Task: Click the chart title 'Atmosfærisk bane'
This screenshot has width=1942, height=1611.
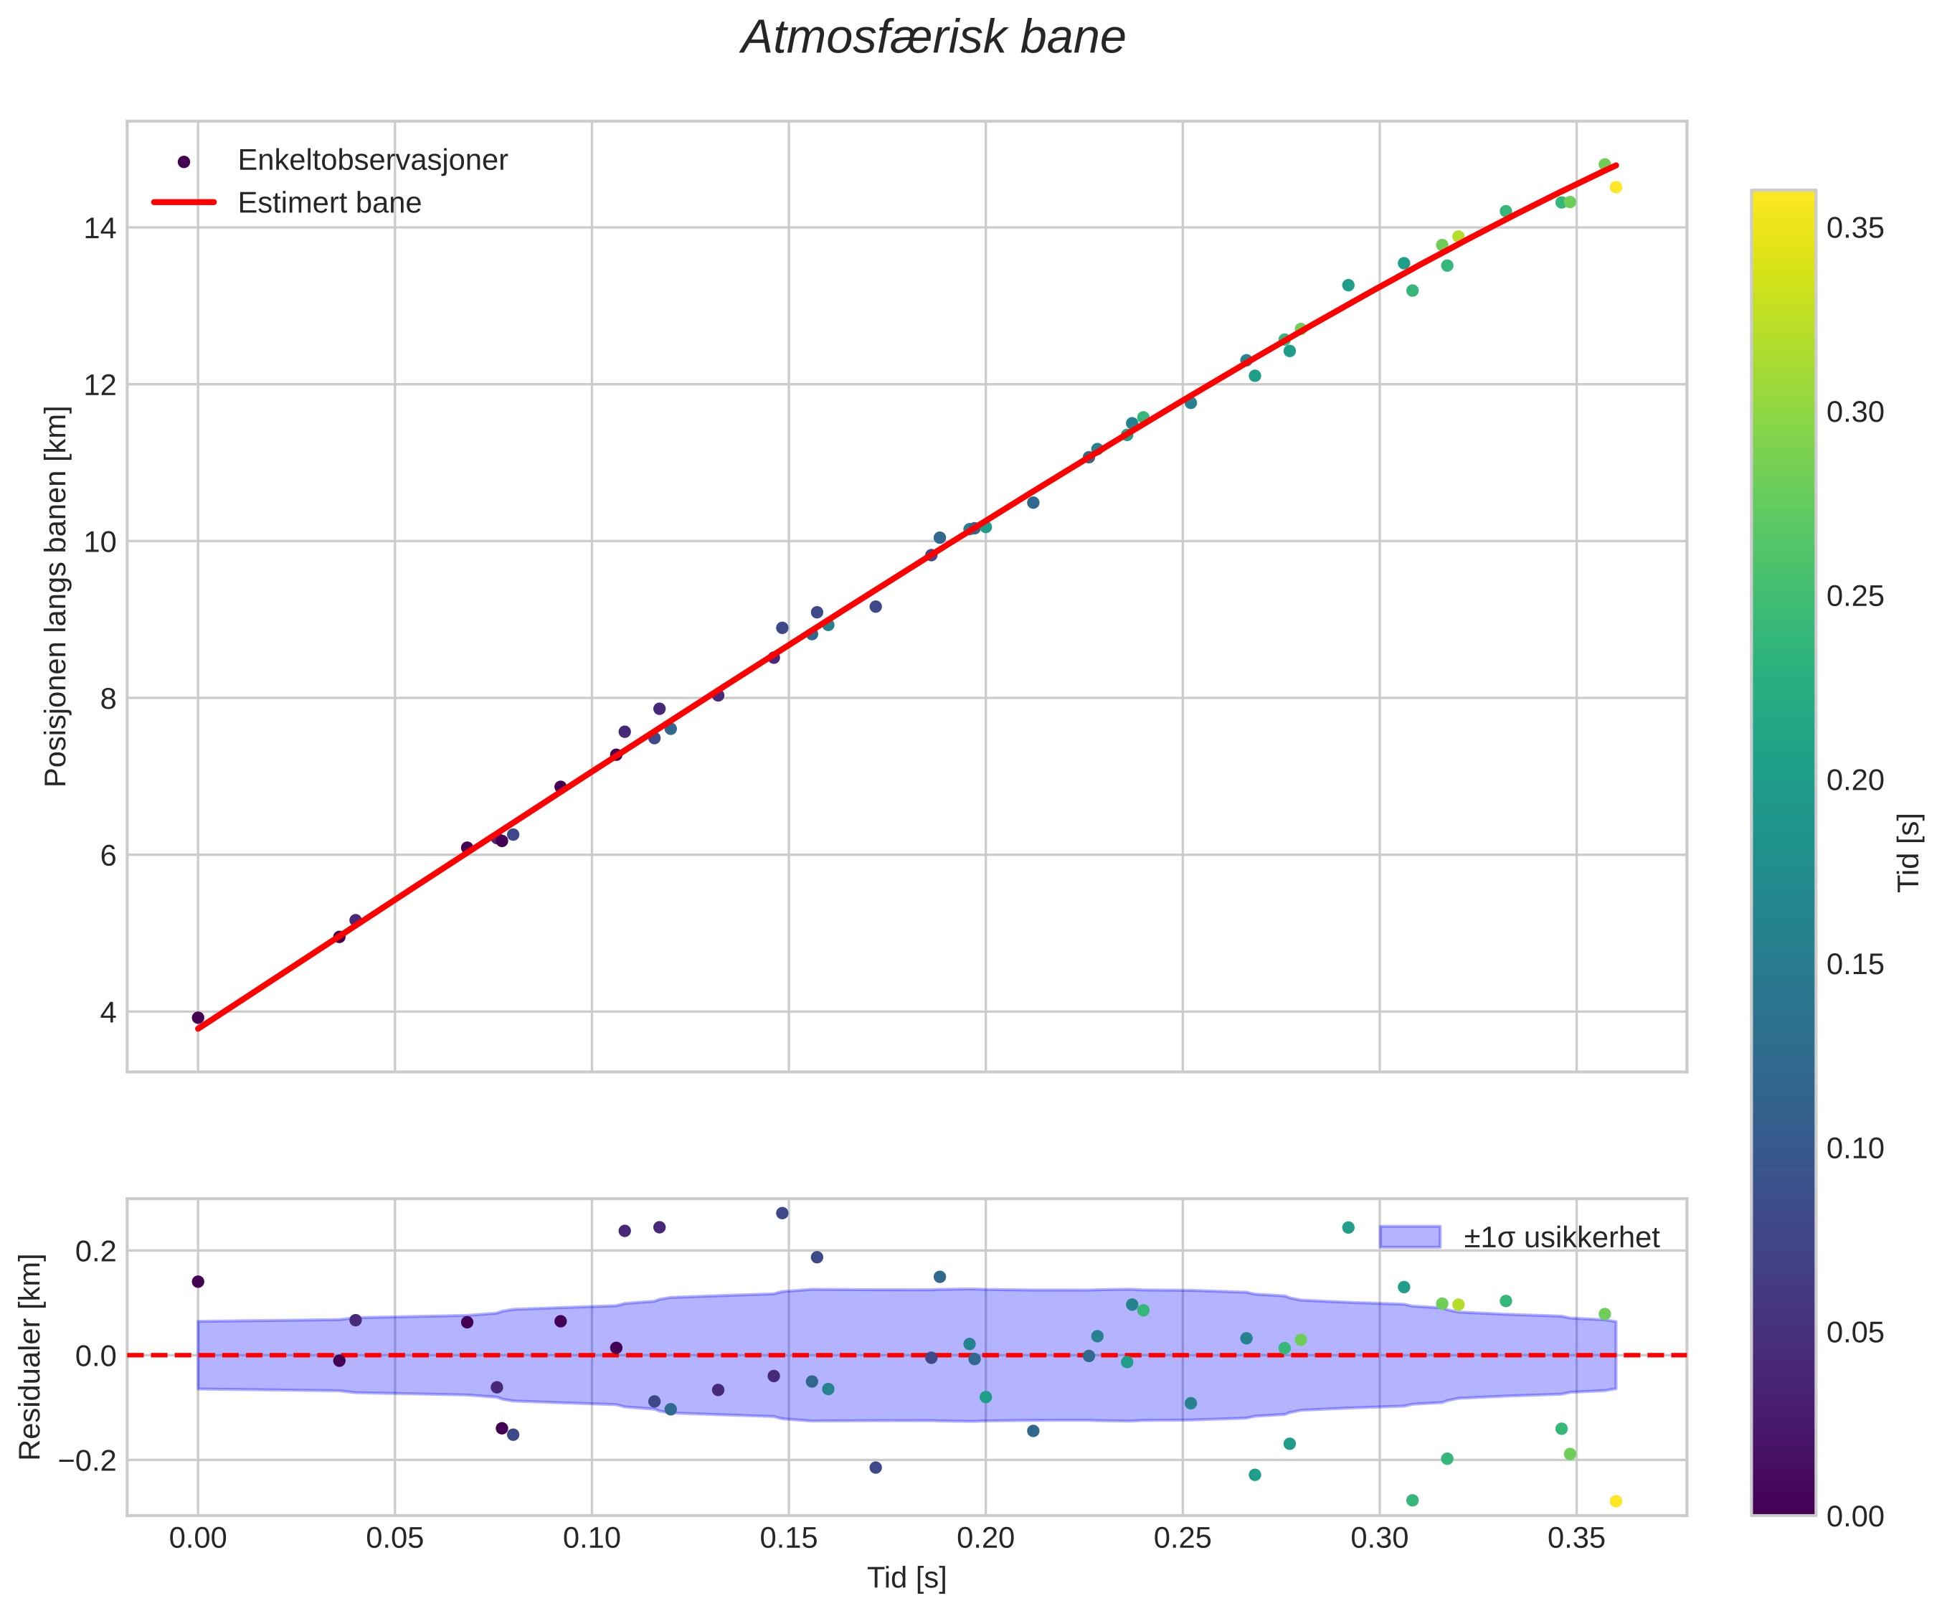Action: click(933, 39)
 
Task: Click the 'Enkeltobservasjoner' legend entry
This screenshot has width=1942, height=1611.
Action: click(371, 161)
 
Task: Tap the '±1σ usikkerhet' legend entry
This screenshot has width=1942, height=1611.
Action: click(1561, 1237)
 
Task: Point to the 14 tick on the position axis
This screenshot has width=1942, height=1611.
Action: click(101, 228)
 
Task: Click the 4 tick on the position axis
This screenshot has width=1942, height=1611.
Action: click(108, 1013)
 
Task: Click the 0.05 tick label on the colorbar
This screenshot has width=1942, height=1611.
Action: click(1855, 1333)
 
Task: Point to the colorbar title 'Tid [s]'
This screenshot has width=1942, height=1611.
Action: click(1910, 851)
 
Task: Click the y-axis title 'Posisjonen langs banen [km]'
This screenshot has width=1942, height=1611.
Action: click(57, 597)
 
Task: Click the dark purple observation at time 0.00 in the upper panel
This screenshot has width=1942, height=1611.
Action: click(198, 1017)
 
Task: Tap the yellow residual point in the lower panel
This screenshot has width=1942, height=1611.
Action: click(1616, 1501)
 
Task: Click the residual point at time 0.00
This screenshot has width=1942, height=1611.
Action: click(198, 1282)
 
